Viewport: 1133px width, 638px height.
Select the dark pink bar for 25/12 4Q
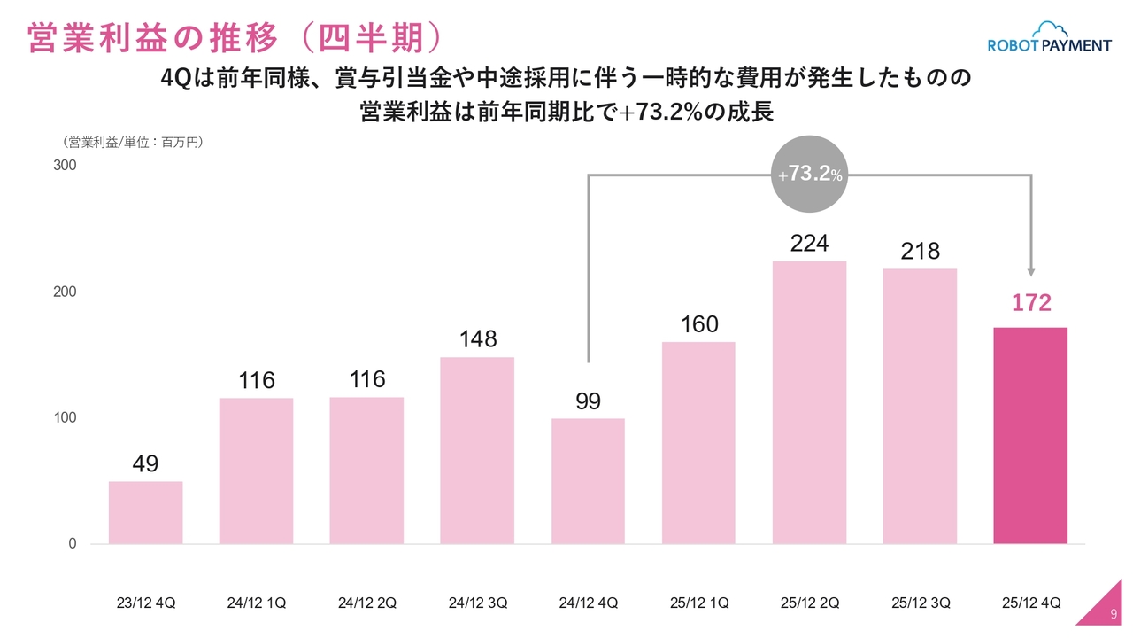1030,435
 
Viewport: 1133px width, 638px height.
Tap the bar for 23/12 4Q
145,512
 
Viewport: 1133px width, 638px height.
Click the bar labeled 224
809,402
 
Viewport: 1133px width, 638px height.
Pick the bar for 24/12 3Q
477,450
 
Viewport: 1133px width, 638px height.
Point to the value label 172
1031,303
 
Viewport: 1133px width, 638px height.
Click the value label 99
588,401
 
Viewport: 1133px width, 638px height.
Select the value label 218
920,252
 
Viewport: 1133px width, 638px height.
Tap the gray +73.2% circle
809,175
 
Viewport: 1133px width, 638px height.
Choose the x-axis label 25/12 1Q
699,603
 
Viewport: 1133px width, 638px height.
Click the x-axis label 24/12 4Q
589,603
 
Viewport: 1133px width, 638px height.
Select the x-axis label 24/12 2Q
367,603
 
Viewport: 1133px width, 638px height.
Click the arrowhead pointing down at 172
1031,272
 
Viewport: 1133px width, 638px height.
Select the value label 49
145,463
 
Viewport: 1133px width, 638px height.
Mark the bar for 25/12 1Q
698,442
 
